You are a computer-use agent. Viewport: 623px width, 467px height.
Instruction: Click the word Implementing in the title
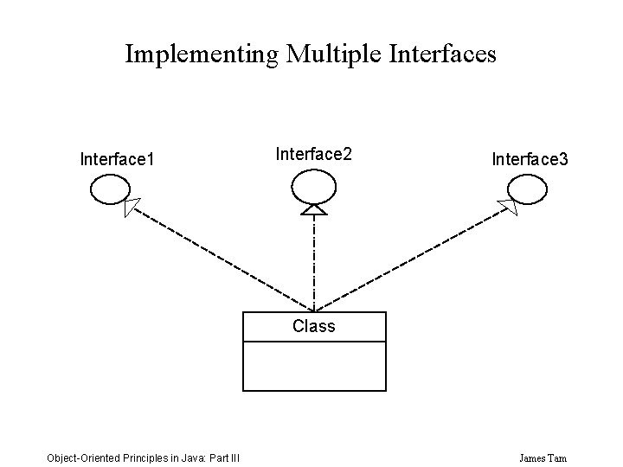(202, 54)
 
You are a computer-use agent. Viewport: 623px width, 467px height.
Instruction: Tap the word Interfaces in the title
(442, 54)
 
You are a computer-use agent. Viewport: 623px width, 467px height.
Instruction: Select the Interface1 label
(117, 159)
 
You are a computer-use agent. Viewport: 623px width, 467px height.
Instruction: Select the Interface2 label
(313, 154)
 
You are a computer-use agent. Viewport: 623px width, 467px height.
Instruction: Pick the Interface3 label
(530, 159)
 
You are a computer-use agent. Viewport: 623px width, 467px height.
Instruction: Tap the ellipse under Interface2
(312, 184)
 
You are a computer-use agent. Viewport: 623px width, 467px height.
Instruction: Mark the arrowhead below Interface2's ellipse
(313, 208)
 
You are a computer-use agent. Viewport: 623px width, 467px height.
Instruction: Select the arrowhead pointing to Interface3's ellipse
(507, 206)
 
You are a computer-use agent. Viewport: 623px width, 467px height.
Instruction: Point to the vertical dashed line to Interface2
(313, 259)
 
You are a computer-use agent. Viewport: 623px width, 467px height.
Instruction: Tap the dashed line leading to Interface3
(407, 259)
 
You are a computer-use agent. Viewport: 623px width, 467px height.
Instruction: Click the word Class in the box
(313, 327)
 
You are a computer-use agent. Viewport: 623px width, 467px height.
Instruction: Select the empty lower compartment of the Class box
(313, 366)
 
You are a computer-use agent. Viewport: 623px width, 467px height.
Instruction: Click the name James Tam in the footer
(544, 457)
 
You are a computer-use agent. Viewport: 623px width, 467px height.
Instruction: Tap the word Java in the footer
(191, 457)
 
